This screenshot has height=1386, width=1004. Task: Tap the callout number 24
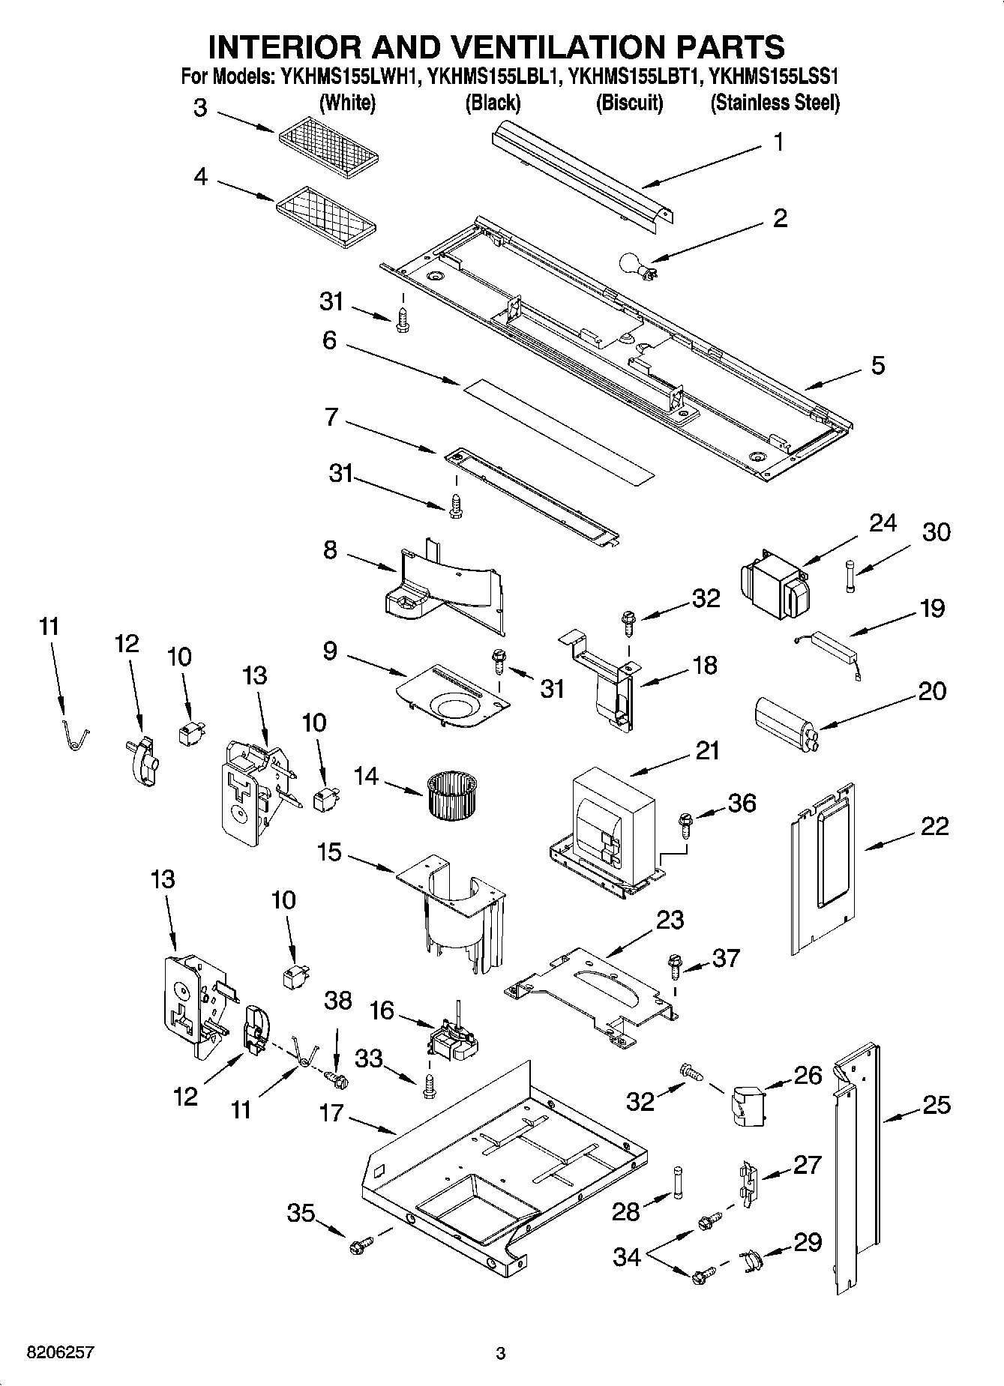tap(883, 522)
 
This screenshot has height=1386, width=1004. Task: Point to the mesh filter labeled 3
tap(328, 144)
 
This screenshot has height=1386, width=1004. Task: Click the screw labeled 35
tap(358, 1247)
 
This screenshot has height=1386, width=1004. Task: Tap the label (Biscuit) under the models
tap(629, 103)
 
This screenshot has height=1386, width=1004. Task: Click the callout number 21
tap(706, 750)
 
